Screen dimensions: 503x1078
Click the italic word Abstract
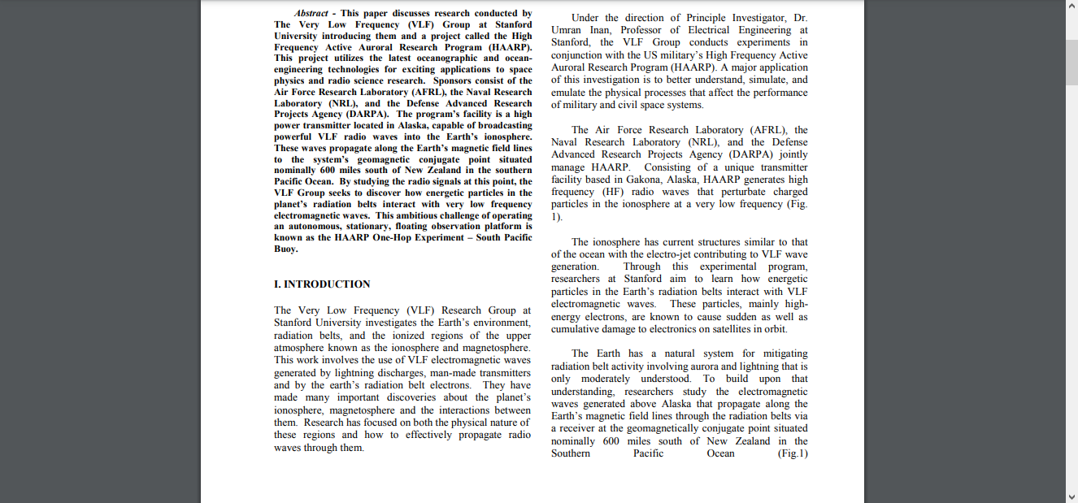click(311, 13)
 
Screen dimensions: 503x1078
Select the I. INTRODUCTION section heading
click(322, 284)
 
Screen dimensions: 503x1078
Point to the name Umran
click(568, 30)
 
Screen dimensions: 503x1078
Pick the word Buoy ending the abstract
click(286, 249)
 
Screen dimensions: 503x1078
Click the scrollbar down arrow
click(1071, 496)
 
